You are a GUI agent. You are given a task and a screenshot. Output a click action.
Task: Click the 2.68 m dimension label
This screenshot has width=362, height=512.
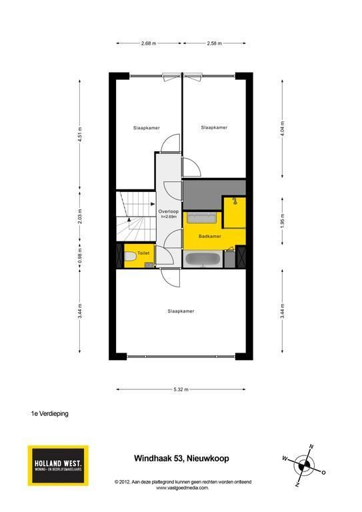coord(149,43)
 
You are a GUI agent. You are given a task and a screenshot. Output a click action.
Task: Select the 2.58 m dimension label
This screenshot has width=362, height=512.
coord(214,43)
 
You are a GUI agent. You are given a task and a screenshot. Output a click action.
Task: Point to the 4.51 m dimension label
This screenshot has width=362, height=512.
coord(80,135)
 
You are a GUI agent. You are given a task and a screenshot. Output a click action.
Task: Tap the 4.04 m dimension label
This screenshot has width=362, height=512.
coord(283,129)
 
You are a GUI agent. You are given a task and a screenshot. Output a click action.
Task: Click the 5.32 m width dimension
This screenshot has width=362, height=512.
coord(181,389)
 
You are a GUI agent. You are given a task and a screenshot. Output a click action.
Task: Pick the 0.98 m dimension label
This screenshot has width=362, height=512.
coord(80,256)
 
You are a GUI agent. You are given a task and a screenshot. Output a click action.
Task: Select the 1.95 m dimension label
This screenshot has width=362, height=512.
coord(283,221)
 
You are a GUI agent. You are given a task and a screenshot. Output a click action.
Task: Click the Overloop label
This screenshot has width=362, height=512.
coord(169,211)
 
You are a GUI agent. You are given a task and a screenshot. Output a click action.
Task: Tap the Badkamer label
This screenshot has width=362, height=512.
coord(210,236)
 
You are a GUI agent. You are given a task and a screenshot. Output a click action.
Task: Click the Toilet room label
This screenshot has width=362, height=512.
coord(143,253)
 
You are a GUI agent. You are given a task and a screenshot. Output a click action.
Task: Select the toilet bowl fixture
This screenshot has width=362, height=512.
coord(130,256)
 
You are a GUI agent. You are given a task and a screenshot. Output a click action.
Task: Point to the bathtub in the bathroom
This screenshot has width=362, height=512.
coord(203,259)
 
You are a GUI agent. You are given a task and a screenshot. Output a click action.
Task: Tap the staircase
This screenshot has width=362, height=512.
coord(136,216)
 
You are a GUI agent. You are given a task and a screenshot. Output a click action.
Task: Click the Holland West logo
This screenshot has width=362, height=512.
coord(58,465)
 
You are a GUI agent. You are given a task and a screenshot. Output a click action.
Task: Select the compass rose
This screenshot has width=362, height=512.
coord(304,465)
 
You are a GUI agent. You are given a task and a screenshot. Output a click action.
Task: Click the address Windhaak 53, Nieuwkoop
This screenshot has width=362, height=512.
coord(181,458)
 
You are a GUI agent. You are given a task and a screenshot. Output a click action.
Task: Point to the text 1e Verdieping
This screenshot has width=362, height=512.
coord(49,413)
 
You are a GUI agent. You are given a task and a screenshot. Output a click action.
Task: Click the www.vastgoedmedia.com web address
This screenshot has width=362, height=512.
coord(182,488)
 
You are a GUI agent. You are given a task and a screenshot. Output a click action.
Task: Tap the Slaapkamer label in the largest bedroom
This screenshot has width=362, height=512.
coord(181,311)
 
